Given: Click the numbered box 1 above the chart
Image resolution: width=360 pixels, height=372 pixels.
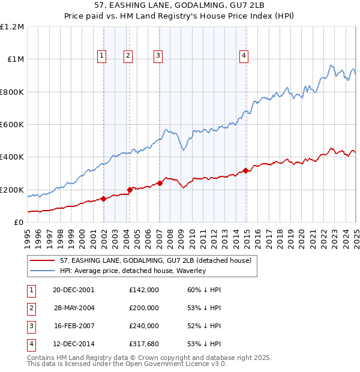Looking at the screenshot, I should pos(101,56).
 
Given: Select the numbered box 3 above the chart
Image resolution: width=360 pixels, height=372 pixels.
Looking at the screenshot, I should pos(158,56).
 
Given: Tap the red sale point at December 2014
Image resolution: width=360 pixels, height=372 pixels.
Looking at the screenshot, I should pos(246,171).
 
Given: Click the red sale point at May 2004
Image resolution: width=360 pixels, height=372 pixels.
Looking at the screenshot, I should pos(130,190).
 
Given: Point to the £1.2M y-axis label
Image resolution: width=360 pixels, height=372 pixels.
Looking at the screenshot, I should pos(12,27).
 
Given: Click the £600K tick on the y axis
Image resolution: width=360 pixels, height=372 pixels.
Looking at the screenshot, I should pos(12,125).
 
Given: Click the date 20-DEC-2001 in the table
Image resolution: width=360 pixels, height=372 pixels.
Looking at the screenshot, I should pos(73,289).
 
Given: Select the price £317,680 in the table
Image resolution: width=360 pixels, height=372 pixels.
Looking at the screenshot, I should pos(143,344).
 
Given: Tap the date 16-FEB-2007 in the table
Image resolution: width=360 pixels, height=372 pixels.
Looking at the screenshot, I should pos(73,326).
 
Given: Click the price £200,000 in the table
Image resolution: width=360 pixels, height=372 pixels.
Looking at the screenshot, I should pos(143,308).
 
